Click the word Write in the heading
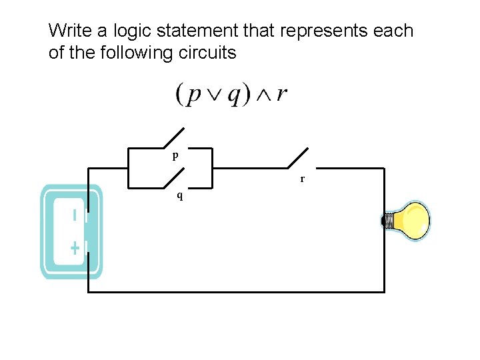point(69,31)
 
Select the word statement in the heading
point(195,31)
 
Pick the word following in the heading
point(142,53)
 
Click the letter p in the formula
point(193,95)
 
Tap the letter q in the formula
point(234,95)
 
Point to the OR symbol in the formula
point(213,95)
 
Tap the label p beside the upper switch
point(175,155)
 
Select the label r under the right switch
point(302,179)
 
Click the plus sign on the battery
point(75,249)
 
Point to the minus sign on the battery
point(75,215)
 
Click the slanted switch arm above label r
point(298,158)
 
